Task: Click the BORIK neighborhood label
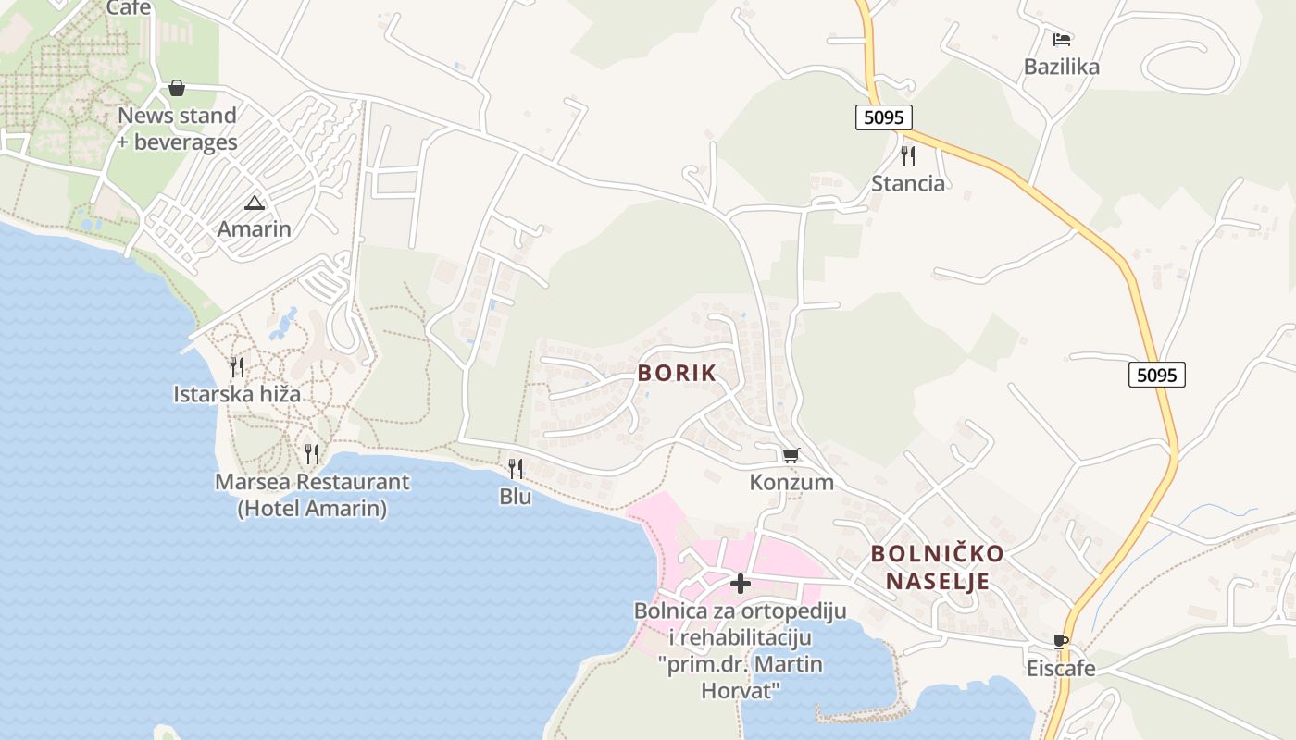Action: [x=677, y=374]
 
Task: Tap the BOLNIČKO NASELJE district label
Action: [x=938, y=567]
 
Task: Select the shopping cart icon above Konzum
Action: [x=791, y=455]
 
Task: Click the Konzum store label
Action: [x=791, y=483]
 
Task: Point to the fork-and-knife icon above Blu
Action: [x=516, y=469]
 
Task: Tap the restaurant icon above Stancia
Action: [x=908, y=155]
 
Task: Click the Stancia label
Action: [x=908, y=183]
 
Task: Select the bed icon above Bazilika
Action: [x=1062, y=40]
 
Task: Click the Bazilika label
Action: [x=1062, y=67]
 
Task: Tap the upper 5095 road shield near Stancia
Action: [x=883, y=117]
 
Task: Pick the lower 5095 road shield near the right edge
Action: [x=1157, y=375]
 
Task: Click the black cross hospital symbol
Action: [x=741, y=584]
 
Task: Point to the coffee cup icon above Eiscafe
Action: [x=1061, y=641]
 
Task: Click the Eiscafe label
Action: [x=1061, y=668]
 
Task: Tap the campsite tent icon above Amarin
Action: [x=254, y=203]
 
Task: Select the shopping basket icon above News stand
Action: [x=177, y=88]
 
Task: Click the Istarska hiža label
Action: [x=237, y=395]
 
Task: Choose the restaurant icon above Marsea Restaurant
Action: [x=312, y=454]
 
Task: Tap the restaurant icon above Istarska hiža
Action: [x=237, y=367]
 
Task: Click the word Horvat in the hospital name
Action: [x=741, y=690]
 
